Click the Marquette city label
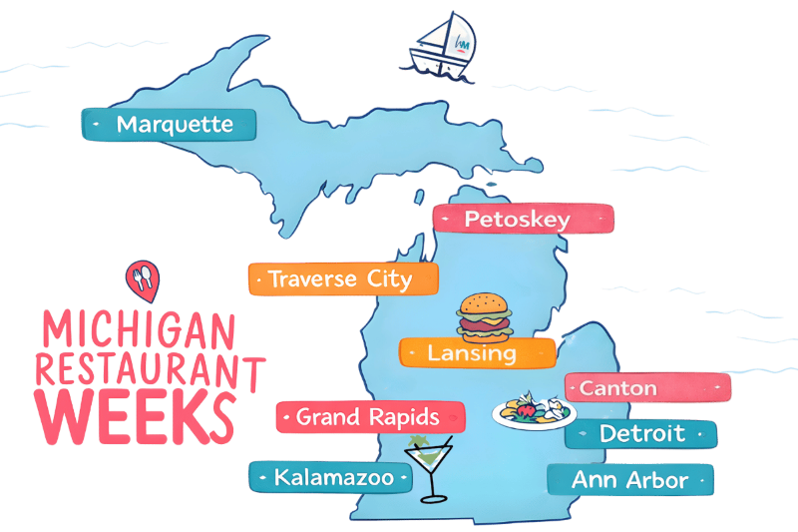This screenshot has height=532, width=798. coord(168,124)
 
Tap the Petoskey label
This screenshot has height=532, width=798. coord(523,220)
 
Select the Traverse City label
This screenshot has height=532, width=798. coord(343,279)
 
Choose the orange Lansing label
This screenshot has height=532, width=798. coord(477,353)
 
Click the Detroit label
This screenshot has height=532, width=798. coord(640,434)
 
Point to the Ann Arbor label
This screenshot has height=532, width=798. coord(630,480)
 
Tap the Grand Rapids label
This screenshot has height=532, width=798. coord(370,416)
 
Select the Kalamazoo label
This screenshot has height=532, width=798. coord(329,478)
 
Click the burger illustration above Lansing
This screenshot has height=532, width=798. coord(484,316)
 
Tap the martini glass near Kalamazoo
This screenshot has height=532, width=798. coord(430,468)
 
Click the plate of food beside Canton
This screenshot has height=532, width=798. coord(534,411)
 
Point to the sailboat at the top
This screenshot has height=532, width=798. coord(444,45)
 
